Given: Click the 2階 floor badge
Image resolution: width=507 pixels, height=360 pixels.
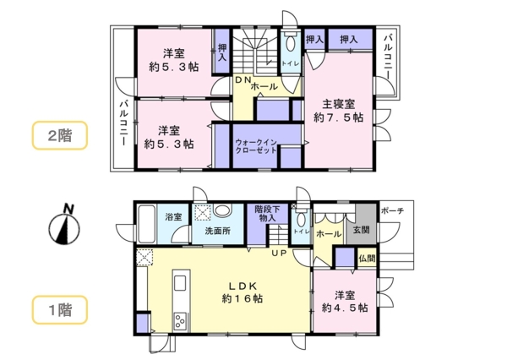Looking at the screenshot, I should pos(59,136).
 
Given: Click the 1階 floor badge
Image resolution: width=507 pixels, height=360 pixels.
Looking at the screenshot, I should pos(59,308).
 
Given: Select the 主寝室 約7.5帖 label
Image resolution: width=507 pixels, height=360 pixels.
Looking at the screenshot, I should pos(339,111).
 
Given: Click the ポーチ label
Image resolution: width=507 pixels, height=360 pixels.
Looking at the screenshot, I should pos(392,210).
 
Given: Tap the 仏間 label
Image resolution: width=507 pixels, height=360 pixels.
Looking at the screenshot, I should pos(365,258).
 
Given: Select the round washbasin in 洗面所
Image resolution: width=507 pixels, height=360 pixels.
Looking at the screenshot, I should pos(223,212).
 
